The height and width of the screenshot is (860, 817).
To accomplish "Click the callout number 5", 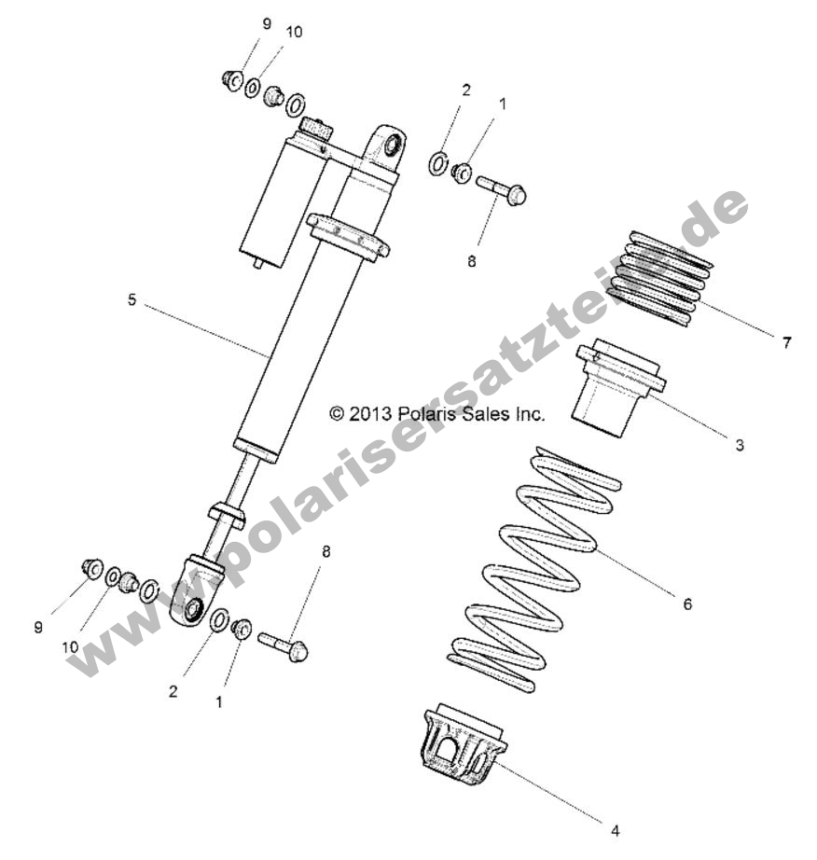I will point(132,299).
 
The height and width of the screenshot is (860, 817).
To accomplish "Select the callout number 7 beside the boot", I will point(786,342).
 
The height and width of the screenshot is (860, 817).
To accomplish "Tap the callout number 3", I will point(740,445).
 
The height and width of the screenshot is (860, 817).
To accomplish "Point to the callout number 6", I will point(687,603).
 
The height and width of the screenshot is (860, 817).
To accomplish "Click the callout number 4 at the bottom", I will point(614,829).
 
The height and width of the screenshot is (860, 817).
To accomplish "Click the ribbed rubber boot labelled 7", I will point(660,278).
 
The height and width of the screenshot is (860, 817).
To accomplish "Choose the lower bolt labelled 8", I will point(284,646).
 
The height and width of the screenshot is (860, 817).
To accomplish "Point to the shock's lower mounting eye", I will point(194,608).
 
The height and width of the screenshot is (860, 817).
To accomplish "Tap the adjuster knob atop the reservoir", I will point(314,129).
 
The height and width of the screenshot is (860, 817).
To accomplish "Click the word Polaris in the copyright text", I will point(424,413).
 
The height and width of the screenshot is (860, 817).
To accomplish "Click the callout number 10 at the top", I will point(294,32).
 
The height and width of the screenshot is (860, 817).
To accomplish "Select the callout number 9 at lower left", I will point(38,628).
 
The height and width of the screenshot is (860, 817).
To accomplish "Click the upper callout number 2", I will point(466,90).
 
